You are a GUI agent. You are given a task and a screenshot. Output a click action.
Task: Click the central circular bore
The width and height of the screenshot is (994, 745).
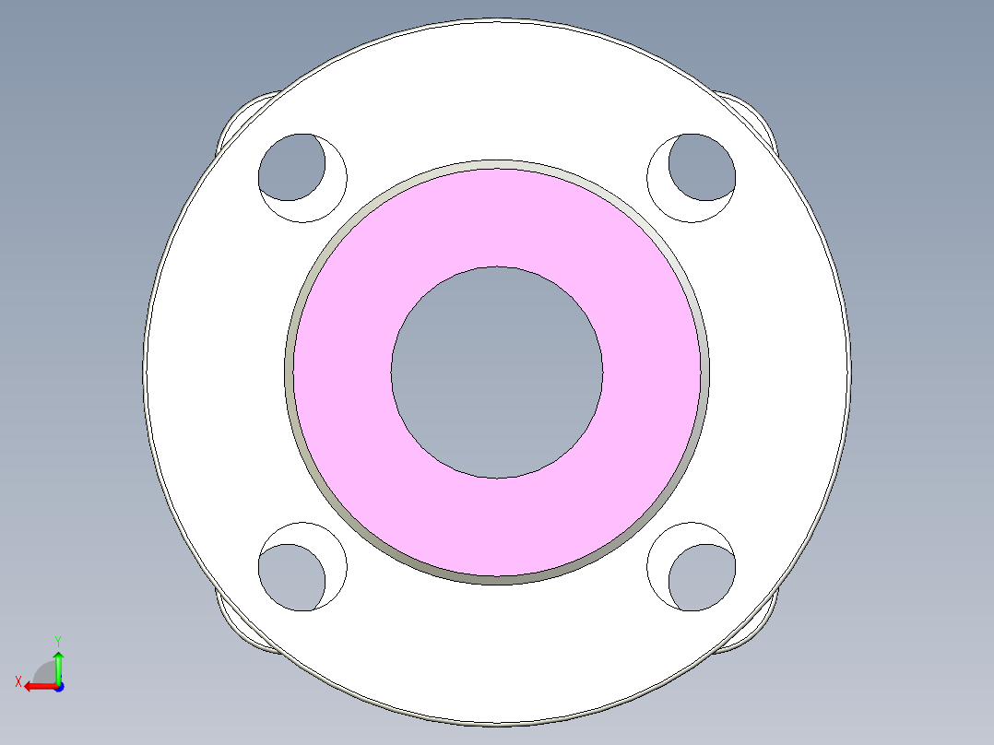pyautogui.click(x=497, y=372)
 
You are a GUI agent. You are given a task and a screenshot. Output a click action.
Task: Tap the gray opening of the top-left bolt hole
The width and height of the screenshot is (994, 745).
pyautogui.click(x=290, y=167)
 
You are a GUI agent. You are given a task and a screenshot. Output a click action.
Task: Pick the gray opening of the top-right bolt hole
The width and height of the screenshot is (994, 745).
pyautogui.click(x=703, y=167)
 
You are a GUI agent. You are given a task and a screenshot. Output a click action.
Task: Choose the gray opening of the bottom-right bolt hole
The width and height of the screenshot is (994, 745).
pyautogui.click(x=703, y=577)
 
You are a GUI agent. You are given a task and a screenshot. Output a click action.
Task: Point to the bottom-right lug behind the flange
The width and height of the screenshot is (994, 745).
pyautogui.click(x=755, y=627)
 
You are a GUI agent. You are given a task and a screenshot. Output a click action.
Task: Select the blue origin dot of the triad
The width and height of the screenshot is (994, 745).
pyautogui.click(x=58, y=687)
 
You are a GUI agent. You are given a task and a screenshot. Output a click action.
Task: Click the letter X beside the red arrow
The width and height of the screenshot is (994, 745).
pyautogui.click(x=18, y=681)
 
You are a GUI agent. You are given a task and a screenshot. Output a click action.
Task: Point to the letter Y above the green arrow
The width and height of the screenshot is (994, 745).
pyautogui.click(x=57, y=640)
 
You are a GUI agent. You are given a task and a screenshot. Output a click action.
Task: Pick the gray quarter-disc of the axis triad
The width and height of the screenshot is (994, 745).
pyautogui.click(x=45, y=672)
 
